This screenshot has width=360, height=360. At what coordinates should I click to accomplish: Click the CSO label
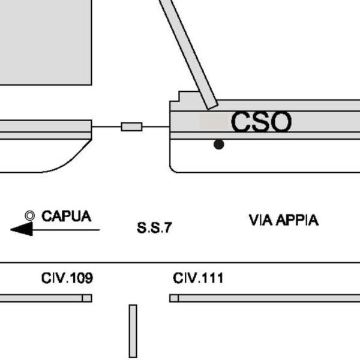tap(261, 122)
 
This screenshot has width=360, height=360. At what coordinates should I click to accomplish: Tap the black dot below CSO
tap(219, 144)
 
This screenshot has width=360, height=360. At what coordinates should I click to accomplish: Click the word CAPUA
tap(66, 216)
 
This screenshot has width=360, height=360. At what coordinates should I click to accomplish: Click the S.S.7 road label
tap(154, 228)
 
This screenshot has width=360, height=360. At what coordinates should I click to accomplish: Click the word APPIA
tap(297, 220)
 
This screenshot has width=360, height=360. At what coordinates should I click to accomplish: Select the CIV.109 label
tap(67, 278)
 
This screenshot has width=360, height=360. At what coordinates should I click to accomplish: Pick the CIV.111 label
tap(198, 278)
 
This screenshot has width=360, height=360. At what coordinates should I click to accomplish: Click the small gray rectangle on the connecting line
tap(131, 127)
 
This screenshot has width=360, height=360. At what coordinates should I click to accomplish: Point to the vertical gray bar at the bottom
tap(133, 331)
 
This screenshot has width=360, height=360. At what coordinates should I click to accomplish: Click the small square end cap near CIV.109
tap(87, 298)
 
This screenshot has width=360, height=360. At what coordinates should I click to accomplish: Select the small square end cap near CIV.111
tap(174, 298)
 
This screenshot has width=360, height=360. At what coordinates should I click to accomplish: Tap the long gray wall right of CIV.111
tap(270, 298)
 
